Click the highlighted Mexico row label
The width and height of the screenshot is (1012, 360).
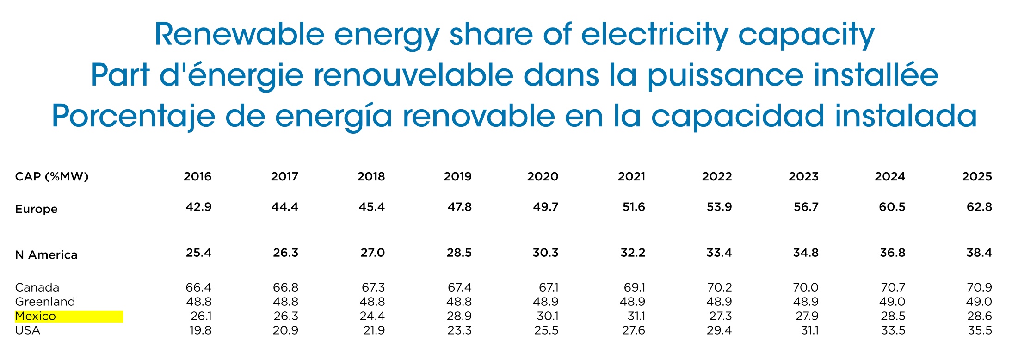pyautogui.click(x=36, y=317)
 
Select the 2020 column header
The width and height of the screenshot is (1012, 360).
pyautogui.click(x=543, y=177)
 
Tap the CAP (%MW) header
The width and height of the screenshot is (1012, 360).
pyautogui.click(x=51, y=177)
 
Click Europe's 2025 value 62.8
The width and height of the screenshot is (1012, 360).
pyautogui.click(x=979, y=207)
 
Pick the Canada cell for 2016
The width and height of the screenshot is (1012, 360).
pyautogui.click(x=198, y=287)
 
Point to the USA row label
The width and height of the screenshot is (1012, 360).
pyautogui.click(x=28, y=331)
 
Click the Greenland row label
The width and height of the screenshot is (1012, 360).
pyautogui.click(x=45, y=302)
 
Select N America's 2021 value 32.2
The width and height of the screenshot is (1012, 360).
pyautogui.click(x=632, y=253)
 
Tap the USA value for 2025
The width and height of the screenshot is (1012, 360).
pyautogui.click(x=979, y=331)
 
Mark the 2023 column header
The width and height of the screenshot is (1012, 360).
pyautogui.click(x=803, y=177)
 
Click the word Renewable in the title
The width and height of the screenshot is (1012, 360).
pyautogui.click(x=240, y=35)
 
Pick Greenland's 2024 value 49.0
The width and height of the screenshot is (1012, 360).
pyautogui.click(x=892, y=302)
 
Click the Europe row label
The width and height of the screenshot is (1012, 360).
pyautogui.click(x=36, y=209)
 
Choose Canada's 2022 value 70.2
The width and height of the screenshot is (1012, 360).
pyautogui.click(x=719, y=287)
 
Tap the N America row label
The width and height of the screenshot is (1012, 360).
pyautogui.click(x=46, y=255)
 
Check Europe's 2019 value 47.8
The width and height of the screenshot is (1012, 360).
pyautogui.click(x=459, y=207)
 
